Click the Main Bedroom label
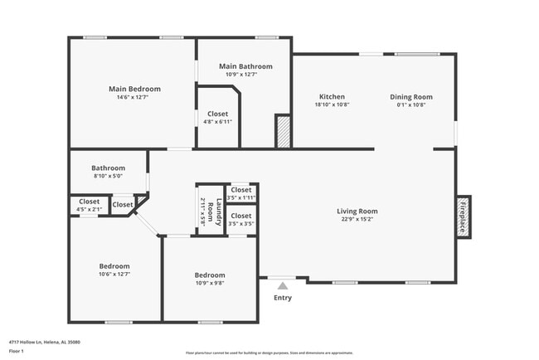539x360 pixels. [134, 89]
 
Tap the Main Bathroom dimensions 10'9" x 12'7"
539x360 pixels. [245, 75]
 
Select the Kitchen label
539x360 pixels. [332, 97]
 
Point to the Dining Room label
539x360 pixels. [411, 97]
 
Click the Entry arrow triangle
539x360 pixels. [283, 285]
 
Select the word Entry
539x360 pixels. [283, 298]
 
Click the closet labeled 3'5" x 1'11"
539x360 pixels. [240, 190]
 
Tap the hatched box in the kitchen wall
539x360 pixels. [282, 132]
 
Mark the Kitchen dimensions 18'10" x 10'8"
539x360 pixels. [332, 105]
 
